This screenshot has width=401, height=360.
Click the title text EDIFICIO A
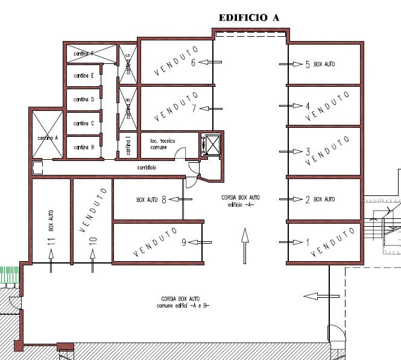click(248, 17)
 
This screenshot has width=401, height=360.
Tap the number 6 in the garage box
click(194, 62)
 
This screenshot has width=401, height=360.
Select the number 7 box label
click(194, 109)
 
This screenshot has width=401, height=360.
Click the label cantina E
click(83, 76)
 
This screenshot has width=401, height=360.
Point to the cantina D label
click(83, 99)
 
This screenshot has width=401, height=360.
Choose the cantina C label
click(83, 123)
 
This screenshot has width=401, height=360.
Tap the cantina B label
click(83, 147)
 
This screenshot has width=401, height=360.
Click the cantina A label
click(47, 137)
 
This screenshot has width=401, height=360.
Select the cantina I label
click(128, 145)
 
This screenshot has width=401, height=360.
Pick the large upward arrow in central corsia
click(244, 245)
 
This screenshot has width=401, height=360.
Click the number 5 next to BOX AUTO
click(308, 64)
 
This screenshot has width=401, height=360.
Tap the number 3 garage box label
click(308, 151)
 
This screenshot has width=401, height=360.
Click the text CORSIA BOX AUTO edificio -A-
click(241, 201)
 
